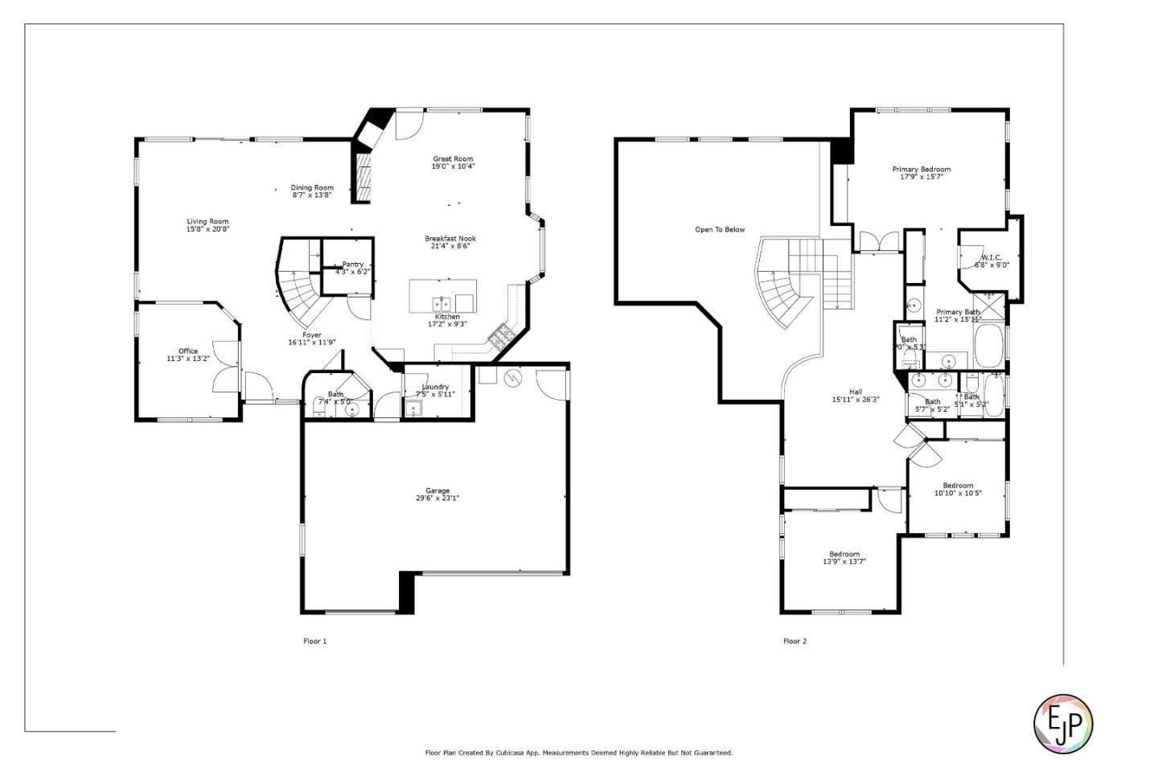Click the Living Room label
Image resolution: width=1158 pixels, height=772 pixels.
207,222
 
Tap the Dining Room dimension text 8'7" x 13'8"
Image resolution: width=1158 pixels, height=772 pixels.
311,195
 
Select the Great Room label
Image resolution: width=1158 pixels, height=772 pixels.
453,159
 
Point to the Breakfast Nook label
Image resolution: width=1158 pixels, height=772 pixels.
450,239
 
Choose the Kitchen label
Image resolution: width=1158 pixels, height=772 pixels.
447,317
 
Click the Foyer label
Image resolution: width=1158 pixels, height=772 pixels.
311,335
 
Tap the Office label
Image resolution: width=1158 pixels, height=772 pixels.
188,351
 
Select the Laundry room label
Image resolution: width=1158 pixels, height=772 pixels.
435,388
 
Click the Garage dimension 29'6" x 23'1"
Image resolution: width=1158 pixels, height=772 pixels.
437,499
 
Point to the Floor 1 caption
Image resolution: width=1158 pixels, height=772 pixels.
314,642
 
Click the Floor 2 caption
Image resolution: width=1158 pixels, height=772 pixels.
795,642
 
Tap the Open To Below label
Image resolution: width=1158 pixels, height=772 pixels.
720,230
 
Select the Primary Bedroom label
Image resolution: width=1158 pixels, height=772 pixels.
921,170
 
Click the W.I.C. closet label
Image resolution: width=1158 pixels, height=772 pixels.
991,258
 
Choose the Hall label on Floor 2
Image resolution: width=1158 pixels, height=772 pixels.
855,392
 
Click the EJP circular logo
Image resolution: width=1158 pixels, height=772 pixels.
1062,724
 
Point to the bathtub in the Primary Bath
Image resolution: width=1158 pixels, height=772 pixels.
988,346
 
